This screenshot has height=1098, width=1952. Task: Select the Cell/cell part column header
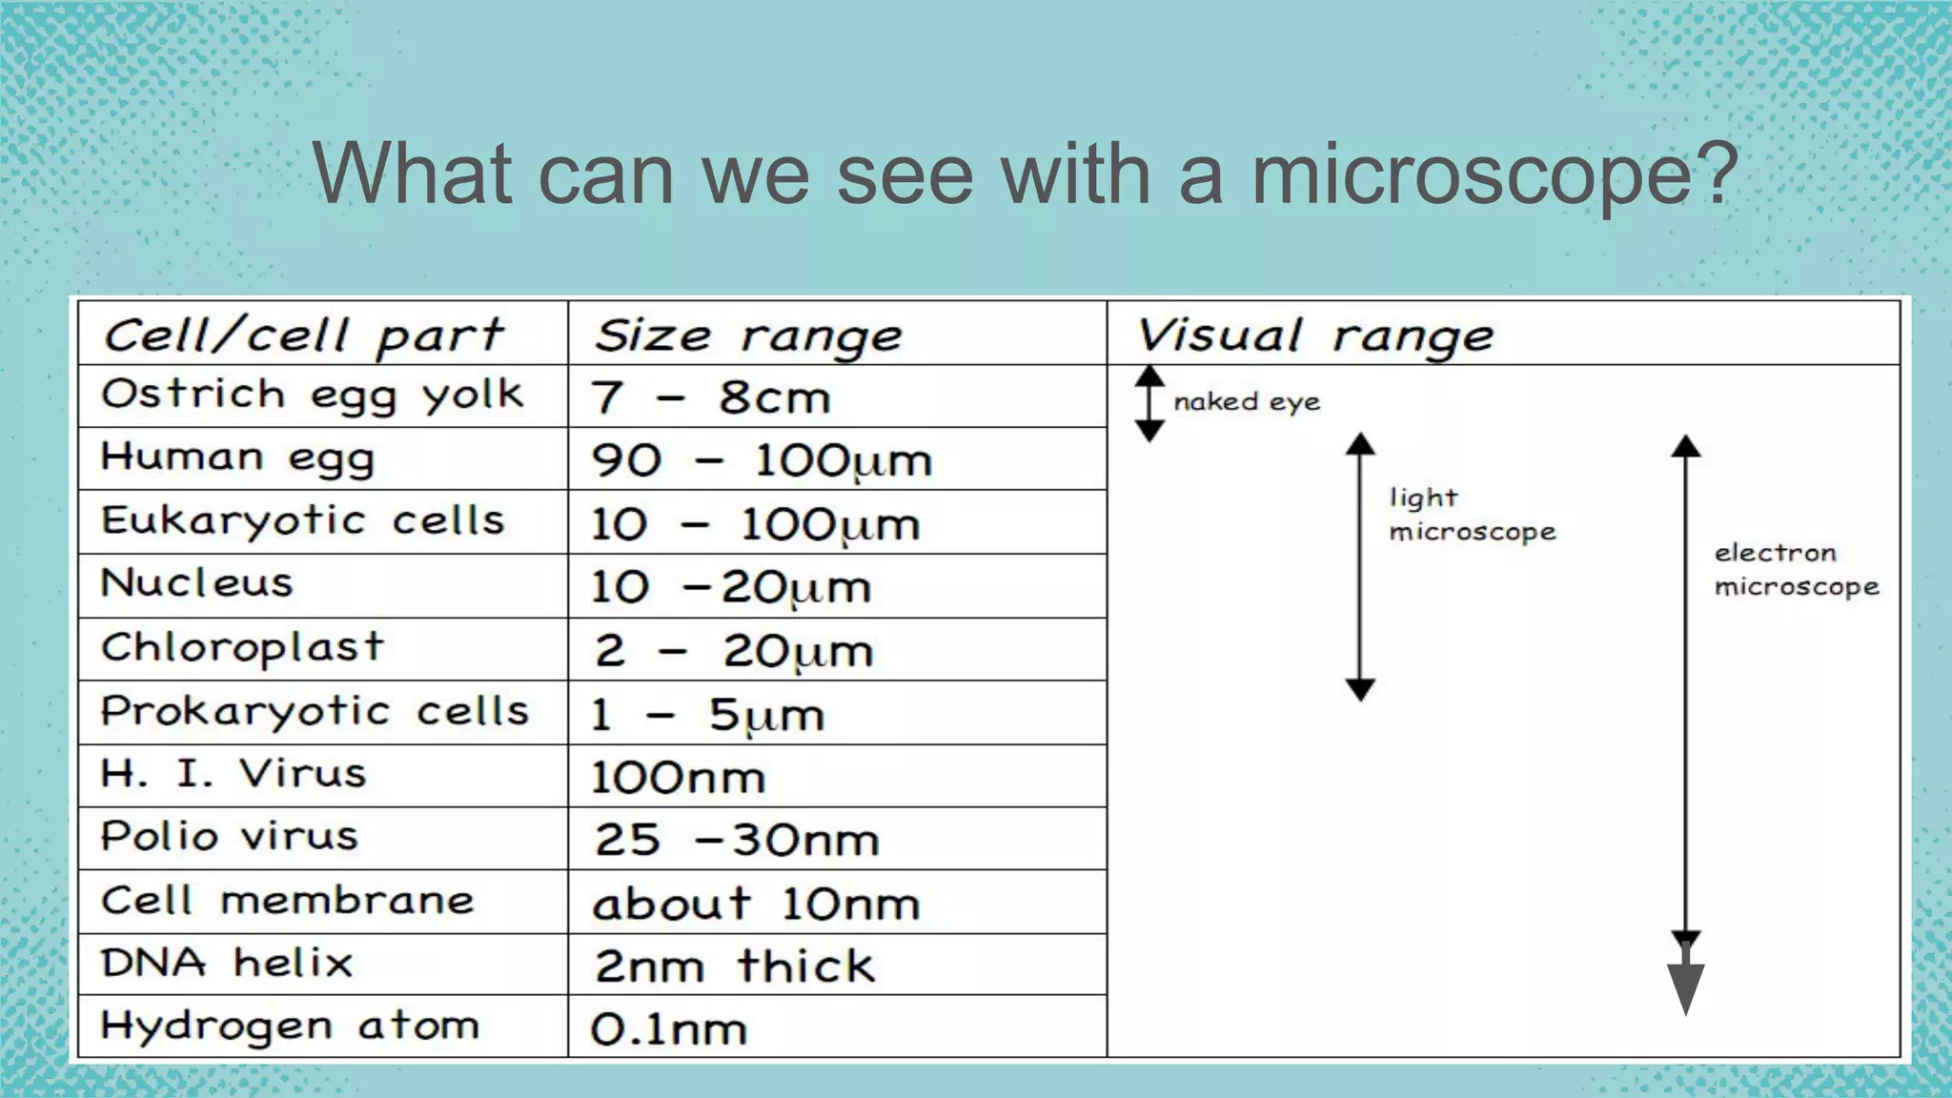(303, 335)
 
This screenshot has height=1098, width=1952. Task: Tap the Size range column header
(748, 335)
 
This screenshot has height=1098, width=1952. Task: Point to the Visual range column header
(1315, 335)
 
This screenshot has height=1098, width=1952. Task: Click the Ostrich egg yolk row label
(313, 395)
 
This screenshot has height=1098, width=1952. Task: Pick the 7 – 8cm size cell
(711, 397)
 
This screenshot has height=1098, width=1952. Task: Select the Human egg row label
(238, 457)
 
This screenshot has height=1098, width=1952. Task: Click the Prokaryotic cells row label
(315, 711)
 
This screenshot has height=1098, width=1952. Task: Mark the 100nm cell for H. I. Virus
(678, 778)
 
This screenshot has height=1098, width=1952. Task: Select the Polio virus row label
(230, 837)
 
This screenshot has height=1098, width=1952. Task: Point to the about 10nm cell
(756, 904)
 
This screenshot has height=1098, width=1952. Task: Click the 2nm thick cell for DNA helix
(734, 966)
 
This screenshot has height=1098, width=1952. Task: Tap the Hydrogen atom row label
(290, 1027)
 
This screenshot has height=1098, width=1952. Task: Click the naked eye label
(1247, 402)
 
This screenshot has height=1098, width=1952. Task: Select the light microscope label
(1471, 515)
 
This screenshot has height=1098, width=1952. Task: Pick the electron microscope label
(1796, 570)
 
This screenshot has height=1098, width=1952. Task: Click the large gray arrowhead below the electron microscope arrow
(1685, 986)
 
